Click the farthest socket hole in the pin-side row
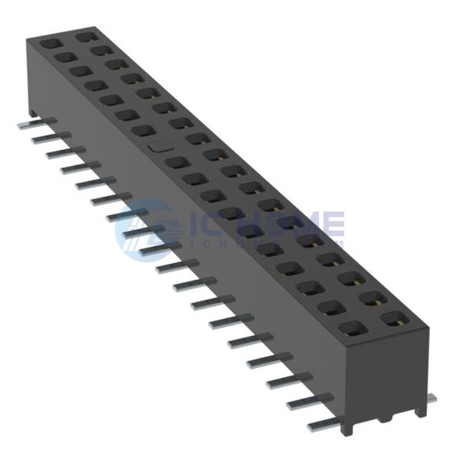coord(50,44)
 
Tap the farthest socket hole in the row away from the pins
coord(86,35)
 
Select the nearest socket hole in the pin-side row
coord(353,329)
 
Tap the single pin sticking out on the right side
coord(431,398)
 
